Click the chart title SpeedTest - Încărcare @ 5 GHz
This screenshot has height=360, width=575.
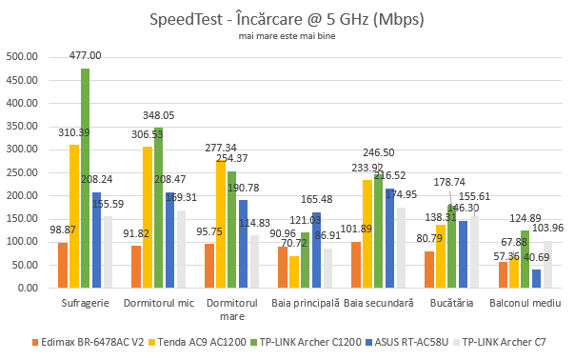pyautogui.click(x=287, y=19)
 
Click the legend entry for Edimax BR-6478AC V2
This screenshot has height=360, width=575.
pyautogui.click(x=81, y=341)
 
